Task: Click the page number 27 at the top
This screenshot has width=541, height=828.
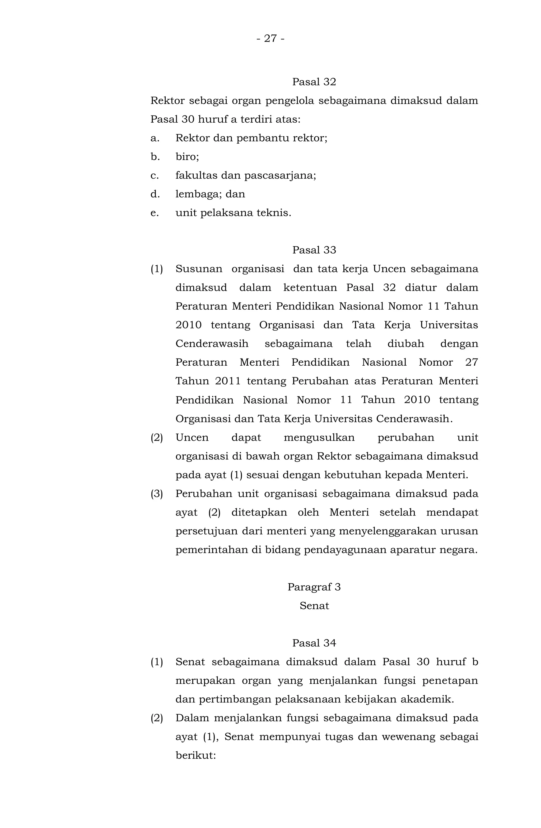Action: tap(270, 38)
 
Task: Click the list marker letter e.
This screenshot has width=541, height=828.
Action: tap(154, 213)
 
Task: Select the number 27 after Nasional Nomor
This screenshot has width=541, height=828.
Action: tap(471, 362)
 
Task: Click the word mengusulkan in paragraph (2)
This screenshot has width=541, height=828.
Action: tap(319, 437)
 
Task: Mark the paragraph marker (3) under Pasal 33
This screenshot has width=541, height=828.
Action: tap(156, 494)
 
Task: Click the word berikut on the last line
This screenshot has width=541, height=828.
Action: tap(195, 756)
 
